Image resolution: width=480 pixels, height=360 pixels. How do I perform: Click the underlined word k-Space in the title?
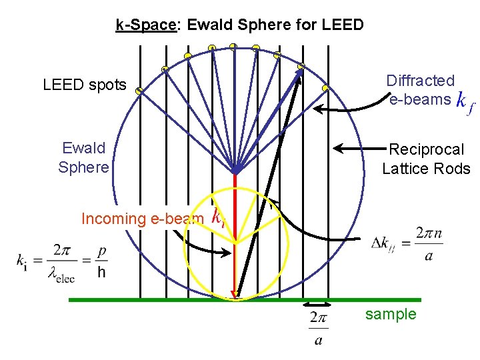coord(146,25)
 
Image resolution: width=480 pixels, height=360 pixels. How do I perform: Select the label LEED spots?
coord(84,85)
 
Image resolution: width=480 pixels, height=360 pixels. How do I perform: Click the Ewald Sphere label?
coord(84,157)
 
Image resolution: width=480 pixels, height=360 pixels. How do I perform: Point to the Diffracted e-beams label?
coord(420,90)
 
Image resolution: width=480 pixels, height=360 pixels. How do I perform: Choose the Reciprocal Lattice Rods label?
coord(426,159)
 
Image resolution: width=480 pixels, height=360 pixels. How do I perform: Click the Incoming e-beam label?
coord(142,219)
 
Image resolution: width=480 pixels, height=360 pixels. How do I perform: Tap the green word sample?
coord(391,314)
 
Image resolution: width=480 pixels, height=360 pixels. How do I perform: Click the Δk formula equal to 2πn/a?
coord(407,243)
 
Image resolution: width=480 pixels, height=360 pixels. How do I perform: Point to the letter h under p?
coord(101,272)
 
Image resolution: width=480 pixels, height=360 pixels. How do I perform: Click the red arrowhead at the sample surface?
coord(235,295)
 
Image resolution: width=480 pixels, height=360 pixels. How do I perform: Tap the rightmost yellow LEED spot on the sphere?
coord(325,88)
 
